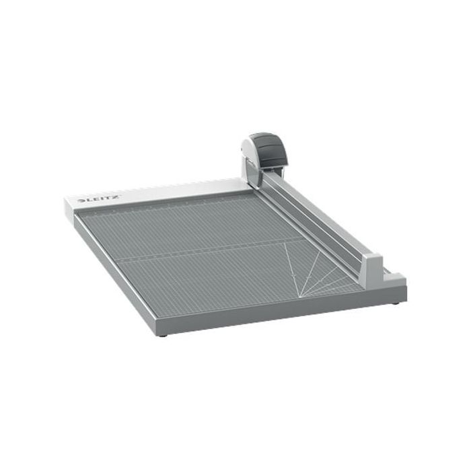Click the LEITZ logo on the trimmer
[x=100, y=199]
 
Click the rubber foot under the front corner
[x=163, y=335]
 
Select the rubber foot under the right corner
[x=396, y=303]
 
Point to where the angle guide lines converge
[x=299, y=297]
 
